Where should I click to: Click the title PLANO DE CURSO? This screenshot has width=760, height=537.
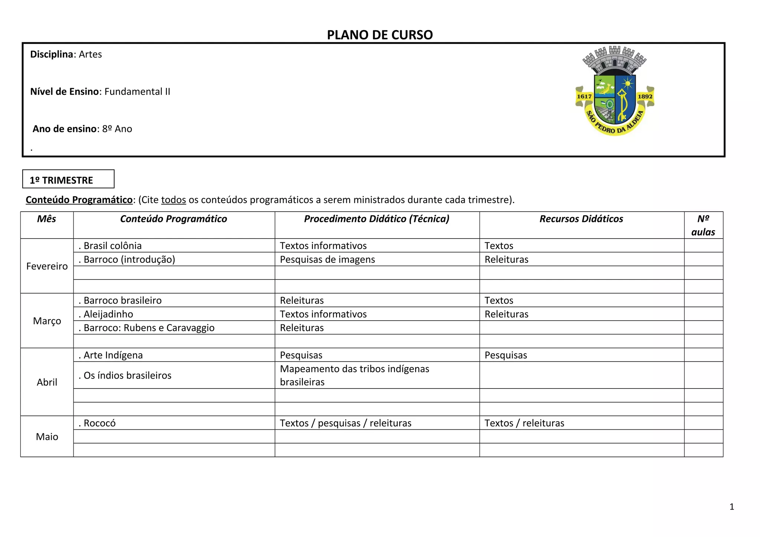380,35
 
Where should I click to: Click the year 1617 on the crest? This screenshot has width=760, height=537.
584,96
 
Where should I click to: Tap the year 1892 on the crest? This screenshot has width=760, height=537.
645,96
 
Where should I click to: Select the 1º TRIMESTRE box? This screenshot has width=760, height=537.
68,180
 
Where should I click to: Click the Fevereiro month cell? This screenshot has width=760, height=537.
47,266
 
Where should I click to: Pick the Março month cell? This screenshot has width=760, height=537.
47,321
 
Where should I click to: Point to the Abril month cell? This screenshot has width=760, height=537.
47,382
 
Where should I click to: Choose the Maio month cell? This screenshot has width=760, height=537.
47,436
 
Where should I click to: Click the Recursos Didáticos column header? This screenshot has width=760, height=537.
581,219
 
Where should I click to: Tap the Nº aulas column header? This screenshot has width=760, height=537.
703,225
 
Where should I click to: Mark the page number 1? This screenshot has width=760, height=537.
732,507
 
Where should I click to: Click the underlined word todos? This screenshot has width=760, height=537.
173,200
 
